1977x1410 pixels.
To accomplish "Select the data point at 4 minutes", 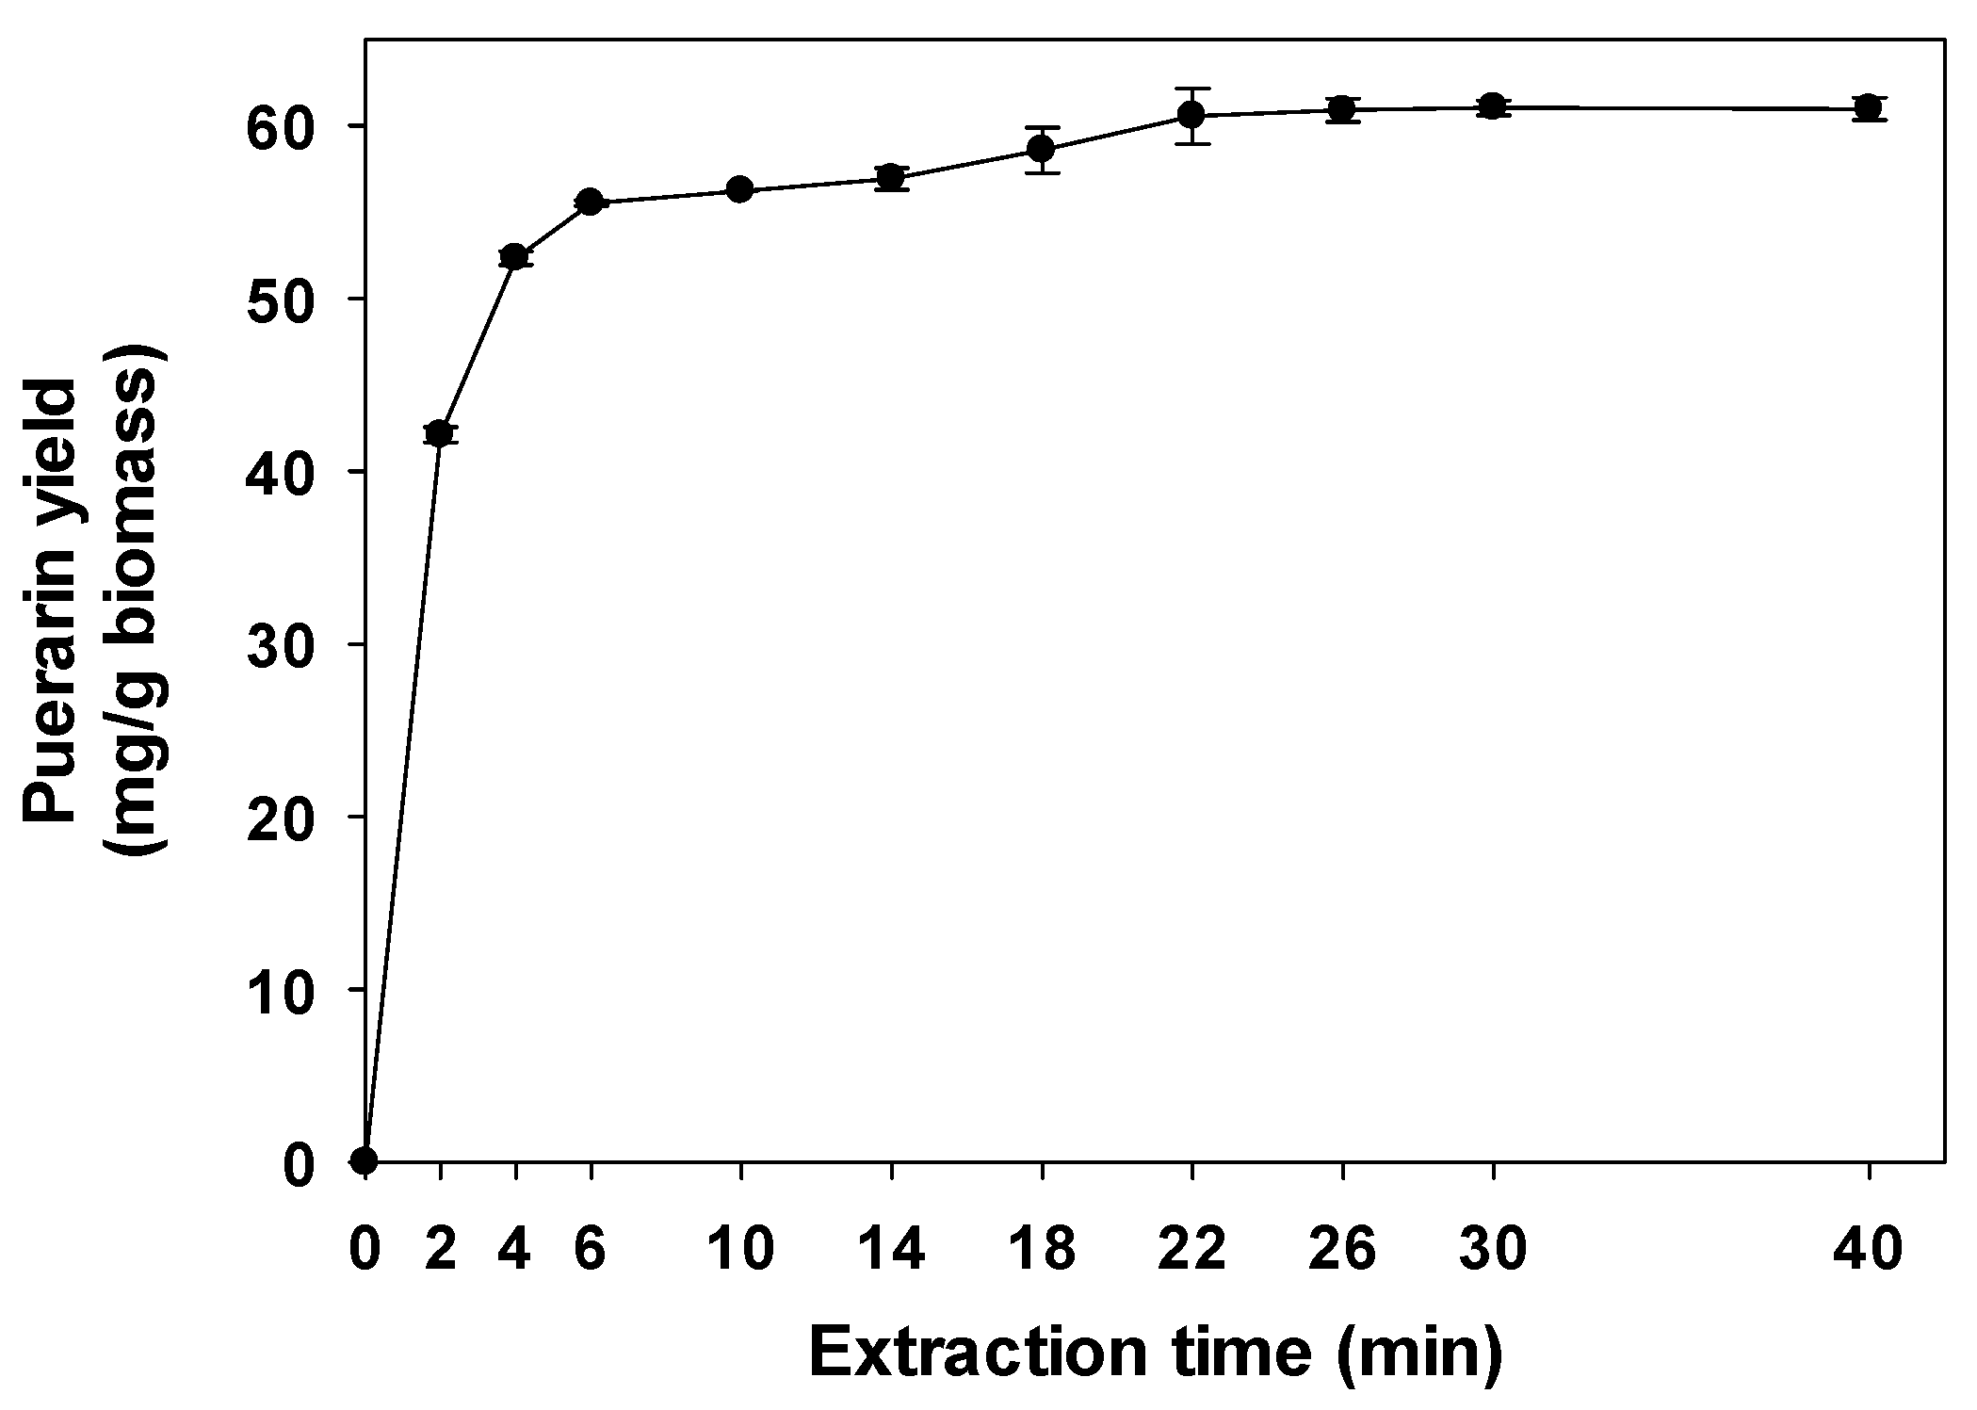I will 515,256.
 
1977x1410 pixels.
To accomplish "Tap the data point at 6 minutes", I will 591,202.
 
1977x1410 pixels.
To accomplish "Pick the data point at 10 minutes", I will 740,190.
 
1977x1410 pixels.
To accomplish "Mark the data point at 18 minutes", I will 1042,149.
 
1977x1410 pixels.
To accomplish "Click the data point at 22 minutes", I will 1192,115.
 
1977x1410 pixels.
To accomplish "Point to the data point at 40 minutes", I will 1869,108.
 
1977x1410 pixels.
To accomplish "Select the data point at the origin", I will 365,1160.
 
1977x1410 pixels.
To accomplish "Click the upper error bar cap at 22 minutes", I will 1192,89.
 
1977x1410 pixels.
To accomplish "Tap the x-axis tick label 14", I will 891,1250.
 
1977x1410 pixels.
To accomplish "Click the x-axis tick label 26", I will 1342,1250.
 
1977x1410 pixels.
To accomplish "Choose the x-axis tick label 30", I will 1493,1250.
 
